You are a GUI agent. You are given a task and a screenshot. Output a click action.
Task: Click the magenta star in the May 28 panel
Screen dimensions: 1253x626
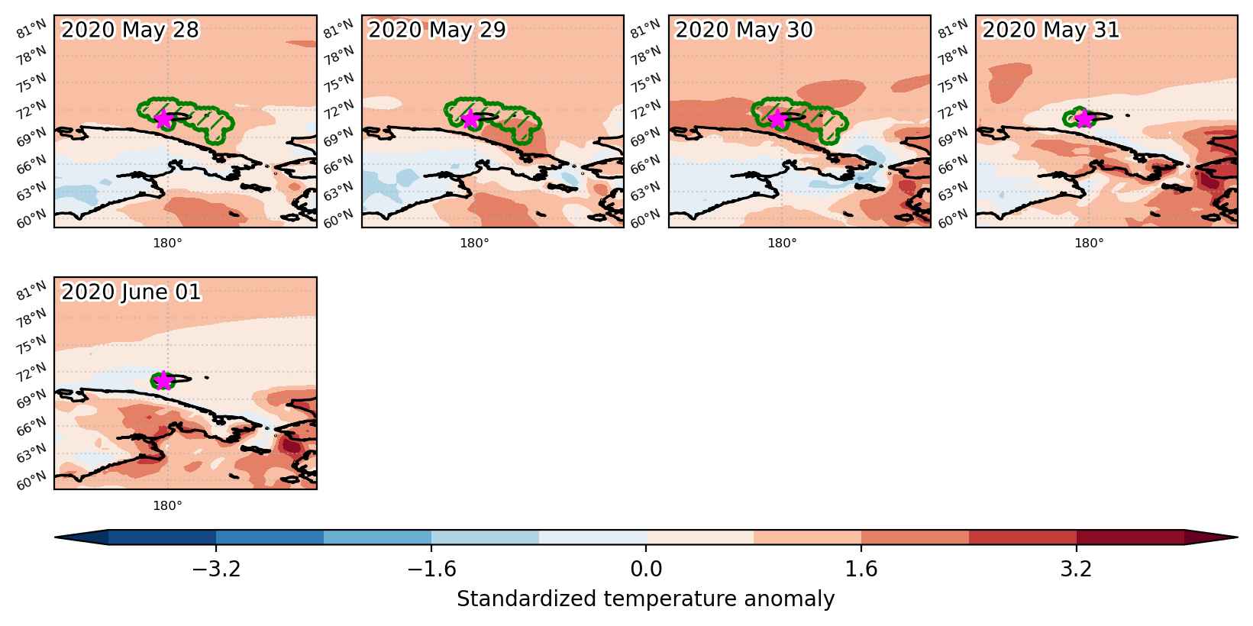tap(163, 118)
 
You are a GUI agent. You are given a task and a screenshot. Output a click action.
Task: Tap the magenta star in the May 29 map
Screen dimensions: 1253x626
tap(470, 118)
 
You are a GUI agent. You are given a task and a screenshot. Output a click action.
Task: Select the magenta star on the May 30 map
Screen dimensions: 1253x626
tap(777, 118)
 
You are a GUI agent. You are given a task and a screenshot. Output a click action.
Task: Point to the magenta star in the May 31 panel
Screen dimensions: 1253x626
tap(1084, 118)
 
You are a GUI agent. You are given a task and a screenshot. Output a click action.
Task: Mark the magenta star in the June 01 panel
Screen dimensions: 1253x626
tap(163, 380)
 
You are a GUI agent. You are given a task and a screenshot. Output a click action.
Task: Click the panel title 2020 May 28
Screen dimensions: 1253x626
tap(130, 30)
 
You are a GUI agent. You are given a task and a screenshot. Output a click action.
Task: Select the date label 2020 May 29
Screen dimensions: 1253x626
tap(437, 30)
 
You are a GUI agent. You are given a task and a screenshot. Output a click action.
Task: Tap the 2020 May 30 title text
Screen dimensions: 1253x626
tap(744, 30)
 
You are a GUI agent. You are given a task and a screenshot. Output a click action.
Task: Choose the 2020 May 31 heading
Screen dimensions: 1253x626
tap(1051, 30)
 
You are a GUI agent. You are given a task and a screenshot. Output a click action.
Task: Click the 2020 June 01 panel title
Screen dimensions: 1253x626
tap(131, 292)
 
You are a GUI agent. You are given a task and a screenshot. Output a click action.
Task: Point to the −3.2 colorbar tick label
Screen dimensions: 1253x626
tap(216, 569)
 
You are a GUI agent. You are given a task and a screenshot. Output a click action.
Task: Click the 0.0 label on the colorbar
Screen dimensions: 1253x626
tap(646, 569)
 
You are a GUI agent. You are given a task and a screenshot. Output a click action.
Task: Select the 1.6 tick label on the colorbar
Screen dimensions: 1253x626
tap(861, 569)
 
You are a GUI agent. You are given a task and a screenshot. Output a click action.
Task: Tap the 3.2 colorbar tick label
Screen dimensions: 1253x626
tap(1076, 569)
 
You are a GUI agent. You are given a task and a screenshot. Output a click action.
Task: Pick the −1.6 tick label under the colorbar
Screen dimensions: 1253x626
tap(431, 569)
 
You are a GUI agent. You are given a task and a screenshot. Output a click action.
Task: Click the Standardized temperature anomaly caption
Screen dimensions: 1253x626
tap(645, 599)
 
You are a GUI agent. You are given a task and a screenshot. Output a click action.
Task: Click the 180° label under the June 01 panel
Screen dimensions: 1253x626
tap(167, 505)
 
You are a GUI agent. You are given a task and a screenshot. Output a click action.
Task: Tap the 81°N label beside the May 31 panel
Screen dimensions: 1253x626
tap(953, 28)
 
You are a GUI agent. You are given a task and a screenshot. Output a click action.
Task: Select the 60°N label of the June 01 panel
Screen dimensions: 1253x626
tap(31, 480)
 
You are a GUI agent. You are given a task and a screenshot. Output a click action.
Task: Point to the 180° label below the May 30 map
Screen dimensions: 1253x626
tap(781, 244)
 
